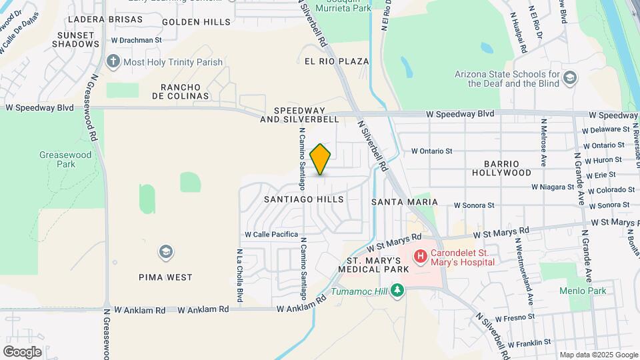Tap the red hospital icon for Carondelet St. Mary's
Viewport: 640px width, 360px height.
pos(421,255)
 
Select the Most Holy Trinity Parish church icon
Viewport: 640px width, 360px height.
pos(113,62)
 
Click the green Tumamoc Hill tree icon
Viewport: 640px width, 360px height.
pos(397,290)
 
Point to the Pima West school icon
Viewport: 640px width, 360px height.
pos(165,251)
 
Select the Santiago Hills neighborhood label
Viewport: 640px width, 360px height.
pos(303,199)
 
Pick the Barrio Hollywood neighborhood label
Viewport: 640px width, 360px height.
pos(501,167)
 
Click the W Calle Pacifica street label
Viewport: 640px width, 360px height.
pos(271,235)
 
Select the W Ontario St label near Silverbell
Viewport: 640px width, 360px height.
pos(432,151)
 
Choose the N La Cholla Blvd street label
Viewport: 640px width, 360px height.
pos(239,275)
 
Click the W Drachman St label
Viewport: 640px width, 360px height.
pos(137,40)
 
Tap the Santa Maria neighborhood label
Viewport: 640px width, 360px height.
pos(404,201)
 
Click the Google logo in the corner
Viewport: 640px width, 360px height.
pos(22,351)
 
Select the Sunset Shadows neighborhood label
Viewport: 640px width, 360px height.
pos(78,39)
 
